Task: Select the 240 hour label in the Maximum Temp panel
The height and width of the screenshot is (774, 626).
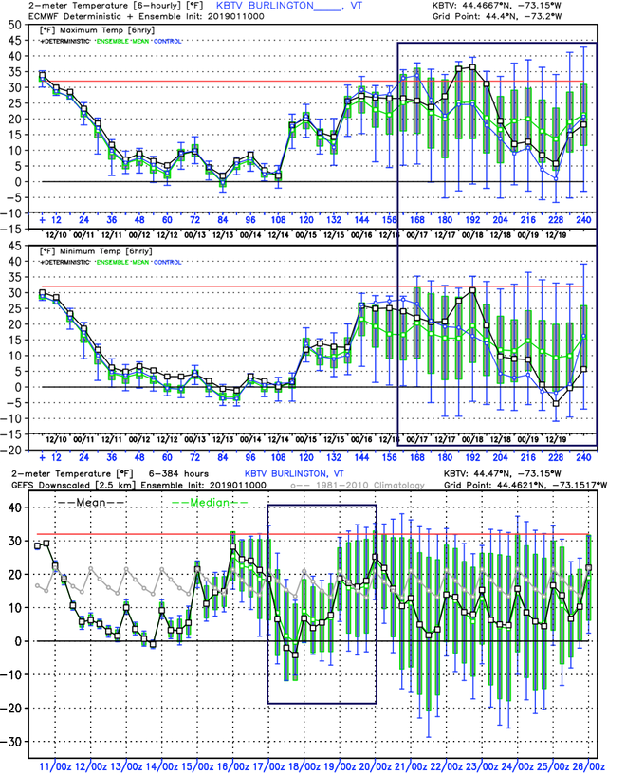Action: (583, 220)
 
